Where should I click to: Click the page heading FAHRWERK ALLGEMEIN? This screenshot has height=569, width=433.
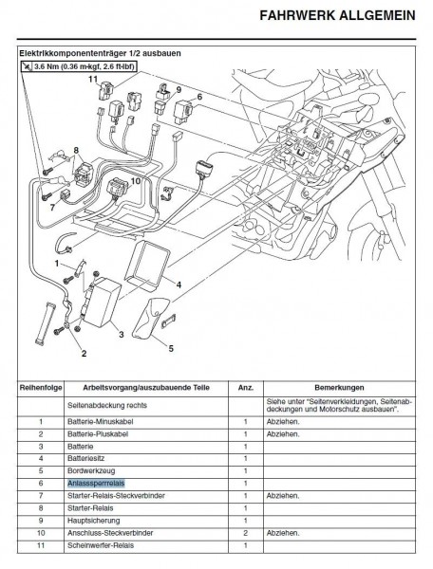tap(337, 15)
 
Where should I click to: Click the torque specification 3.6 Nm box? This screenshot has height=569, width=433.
tap(79, 66)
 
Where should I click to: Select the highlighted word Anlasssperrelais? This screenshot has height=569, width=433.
tap(96, 483)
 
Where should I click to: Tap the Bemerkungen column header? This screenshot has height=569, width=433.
tap(339, 388)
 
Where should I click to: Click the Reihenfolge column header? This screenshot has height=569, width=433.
tap(41, 388)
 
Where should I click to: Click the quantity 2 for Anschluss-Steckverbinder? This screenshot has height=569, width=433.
tap(246, 533)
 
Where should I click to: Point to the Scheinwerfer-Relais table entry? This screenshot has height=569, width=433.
tap(101, 545)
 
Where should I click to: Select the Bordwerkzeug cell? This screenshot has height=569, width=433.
tap(91, 471)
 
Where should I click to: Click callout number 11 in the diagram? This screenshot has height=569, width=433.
tap(93, 79)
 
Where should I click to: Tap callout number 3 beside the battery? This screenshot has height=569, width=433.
tap(122, 334)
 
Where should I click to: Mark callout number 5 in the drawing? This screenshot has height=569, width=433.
tap(171, 348)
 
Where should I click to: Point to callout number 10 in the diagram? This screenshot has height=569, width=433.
tap(135, 181)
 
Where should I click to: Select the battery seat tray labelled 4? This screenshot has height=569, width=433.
tap(147, 264)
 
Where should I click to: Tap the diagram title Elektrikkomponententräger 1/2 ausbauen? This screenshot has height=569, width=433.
tap(100, 53)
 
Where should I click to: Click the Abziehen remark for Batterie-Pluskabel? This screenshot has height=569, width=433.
tap(283, 434)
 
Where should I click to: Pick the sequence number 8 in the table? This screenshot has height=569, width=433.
tap(41, 508)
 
